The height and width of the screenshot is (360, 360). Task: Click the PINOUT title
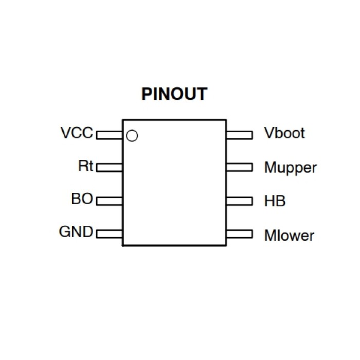coord(174,95)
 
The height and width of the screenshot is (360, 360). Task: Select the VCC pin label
coord(77,133)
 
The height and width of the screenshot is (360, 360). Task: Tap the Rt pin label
coord(86,167)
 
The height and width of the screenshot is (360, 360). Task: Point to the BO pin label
coord(82,199)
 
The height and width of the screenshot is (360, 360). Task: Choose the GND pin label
coord(76,232)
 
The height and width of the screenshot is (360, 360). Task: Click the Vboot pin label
coord(284,133)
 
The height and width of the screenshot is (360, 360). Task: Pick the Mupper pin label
coord(291,168)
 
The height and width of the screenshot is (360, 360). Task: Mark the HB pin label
coord(274,201)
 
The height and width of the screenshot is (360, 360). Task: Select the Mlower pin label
coord(289,236)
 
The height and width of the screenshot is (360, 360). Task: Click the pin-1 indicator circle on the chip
coord(132,136)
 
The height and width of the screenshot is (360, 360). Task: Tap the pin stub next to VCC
coord(109,135)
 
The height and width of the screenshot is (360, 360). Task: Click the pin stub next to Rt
coord(109,167)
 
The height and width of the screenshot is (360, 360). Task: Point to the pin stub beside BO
coord(109,200)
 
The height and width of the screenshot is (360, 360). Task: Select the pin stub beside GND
coord(109,233)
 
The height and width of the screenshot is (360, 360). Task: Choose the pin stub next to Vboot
coord(239,135)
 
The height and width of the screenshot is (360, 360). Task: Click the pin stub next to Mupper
coord(239,167)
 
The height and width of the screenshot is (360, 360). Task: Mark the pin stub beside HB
coord(239,201)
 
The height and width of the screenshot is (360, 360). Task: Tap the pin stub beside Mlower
coord(239,234)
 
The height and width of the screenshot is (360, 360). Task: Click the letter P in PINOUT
coord(147,95)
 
